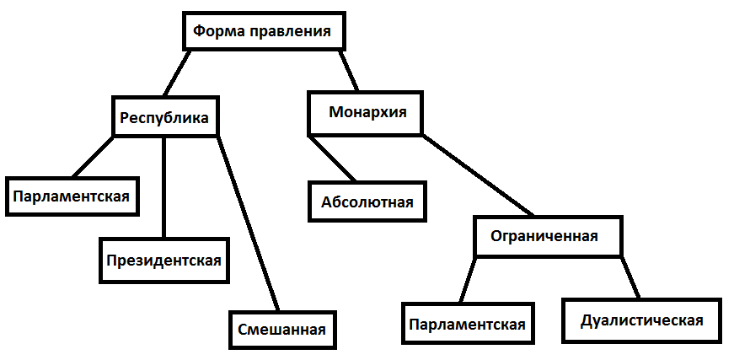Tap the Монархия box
tap(367, 113)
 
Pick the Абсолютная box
tap(367, 201)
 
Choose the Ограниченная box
tap(544, 236)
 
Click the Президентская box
tap(163, 260)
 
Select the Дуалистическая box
tap(642, 320)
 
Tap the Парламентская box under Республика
tap(71, 196)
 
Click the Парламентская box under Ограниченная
tap(468, 325)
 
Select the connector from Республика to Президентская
tap(163, 185)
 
